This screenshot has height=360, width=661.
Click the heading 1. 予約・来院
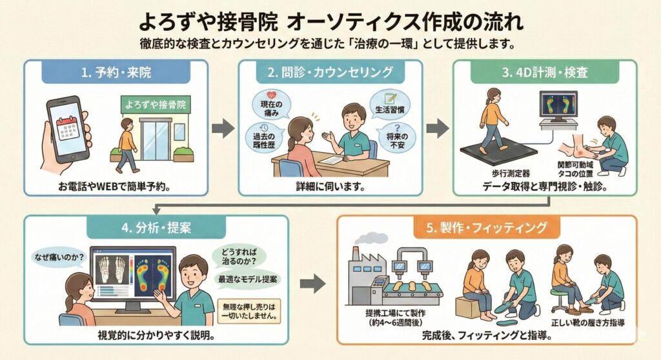click(x=116, y=73)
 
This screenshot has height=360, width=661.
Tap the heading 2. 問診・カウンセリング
click(x=330, y=73)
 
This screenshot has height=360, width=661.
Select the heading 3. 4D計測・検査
click(x=544, y=73)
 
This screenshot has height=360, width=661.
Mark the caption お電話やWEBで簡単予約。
click(x=116, y=188)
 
